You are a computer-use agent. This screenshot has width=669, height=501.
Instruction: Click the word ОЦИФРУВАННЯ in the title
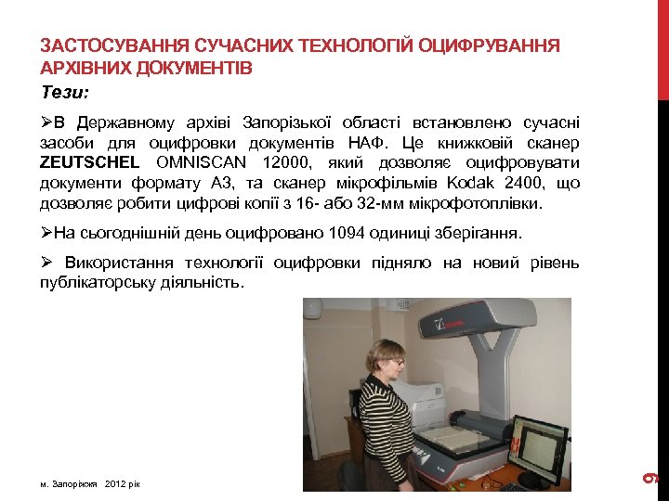click(x=490, y=45)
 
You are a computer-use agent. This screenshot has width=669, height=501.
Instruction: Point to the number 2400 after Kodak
click(x=524, y=183)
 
